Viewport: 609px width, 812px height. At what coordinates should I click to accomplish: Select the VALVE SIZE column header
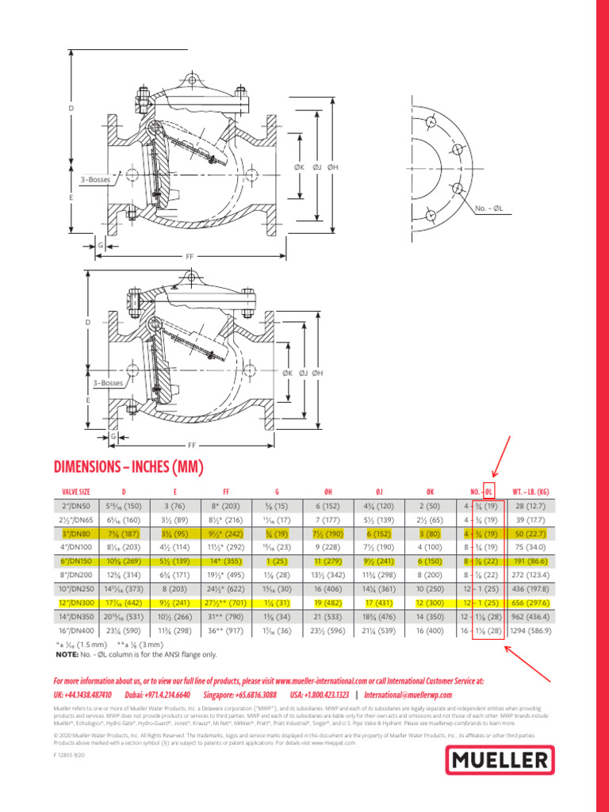click(x=71, y=492)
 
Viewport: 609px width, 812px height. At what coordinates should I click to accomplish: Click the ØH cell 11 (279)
click(x=327, y=561)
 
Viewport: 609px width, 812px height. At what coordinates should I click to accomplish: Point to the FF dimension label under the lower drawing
click(x=190, y=446)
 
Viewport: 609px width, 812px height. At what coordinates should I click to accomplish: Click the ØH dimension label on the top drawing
click(x=333, y=167)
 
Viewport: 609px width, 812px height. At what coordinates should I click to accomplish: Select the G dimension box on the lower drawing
click(x=113, y=436)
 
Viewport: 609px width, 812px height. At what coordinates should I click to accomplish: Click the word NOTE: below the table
click(x=67, y=654)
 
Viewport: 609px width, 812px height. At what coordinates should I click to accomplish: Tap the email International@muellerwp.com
click(x=408, y=694)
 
